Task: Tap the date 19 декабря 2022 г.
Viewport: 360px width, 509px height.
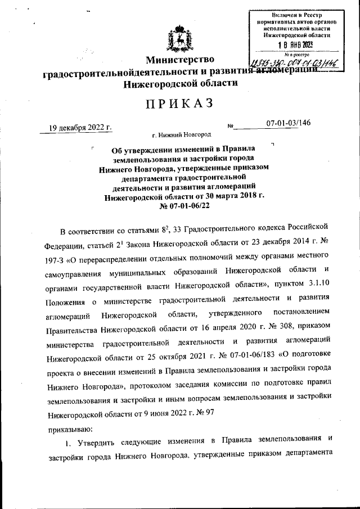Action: point(80,127)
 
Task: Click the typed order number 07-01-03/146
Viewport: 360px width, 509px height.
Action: point(288,123)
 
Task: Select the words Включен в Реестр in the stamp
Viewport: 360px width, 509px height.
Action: point(298,13)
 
